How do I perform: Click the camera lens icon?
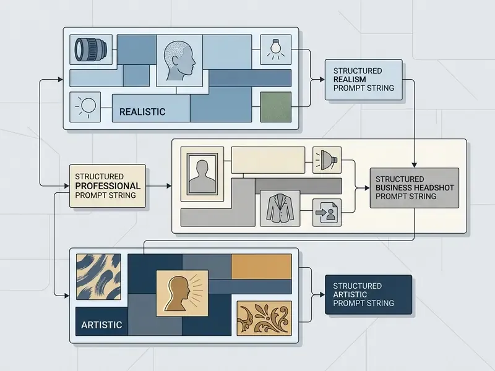pos(90,50)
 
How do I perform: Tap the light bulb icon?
pos(275,49)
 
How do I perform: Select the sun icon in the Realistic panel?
pos(85,106)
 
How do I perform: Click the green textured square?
pos(275,107)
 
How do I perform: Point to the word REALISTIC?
pos(142,112)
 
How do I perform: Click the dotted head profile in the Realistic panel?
pos(179,61)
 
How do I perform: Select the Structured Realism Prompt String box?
pos(364,80)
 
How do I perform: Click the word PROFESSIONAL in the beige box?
pos(108,186)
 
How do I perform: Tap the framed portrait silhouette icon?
pos(202,174)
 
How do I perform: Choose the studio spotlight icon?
pos(327,160)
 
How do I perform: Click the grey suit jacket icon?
pos(280,208)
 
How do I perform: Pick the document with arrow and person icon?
pos(327,212)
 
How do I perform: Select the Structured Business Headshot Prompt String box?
pos(415,188)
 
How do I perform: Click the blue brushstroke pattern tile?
pos(98,276)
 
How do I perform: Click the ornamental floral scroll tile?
pos(264,318)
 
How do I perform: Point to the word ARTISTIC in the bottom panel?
pos(101,325)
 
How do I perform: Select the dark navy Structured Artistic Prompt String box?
pos(368,295)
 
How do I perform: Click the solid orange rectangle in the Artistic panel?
pos(261,267)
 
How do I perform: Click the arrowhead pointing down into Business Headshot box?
pos(414,165)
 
